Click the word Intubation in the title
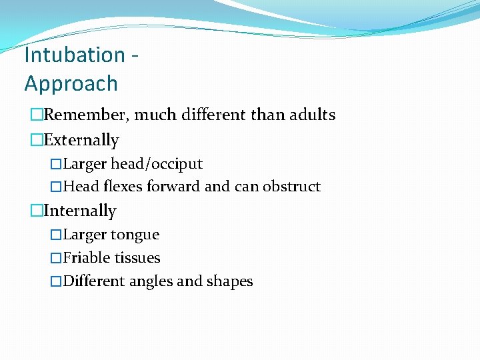point(74,55)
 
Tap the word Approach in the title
point(71,84)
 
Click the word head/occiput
point(157,164)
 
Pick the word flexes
point(118,187)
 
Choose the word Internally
point(80,211)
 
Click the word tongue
point(135,235)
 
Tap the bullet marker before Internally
point(36,211)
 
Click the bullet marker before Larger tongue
point(56,235)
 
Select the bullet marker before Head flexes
point(56,187)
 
